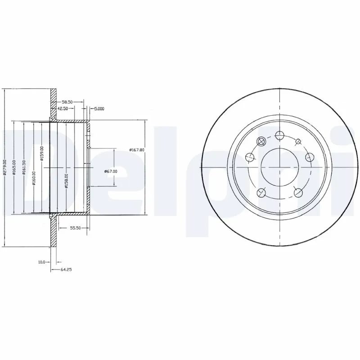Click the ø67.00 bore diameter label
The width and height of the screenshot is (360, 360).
(x=111, y=171)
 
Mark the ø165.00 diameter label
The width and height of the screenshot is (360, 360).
(x=14, y=168)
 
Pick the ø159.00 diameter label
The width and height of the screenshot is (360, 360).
(x=42, y=153)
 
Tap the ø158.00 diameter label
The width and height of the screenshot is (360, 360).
(x=67, y=181)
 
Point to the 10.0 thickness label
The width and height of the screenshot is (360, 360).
(x=42, y=261)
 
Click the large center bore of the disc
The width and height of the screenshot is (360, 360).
(x=279, y=167)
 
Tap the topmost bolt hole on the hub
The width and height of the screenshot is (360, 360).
(x=279, y=135)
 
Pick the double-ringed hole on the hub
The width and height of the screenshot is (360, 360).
(x=260, y=142)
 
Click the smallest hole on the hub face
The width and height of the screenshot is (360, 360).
(x=298, y=142)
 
